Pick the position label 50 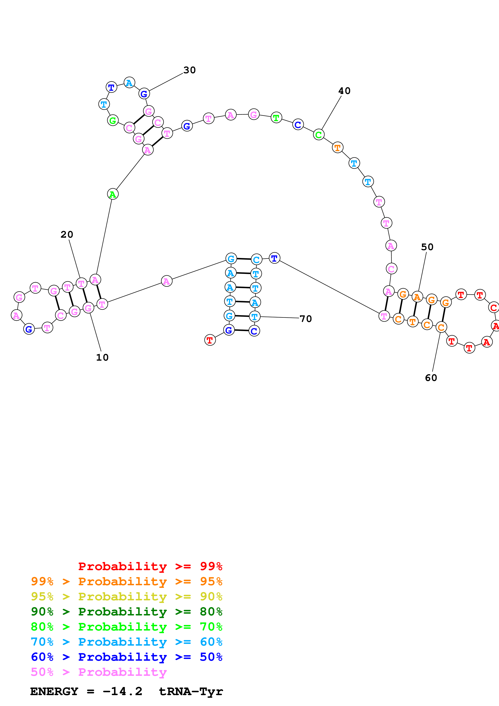tap(427, 247)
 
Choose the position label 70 tap(306, 319)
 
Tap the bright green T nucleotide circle tap(276, 118)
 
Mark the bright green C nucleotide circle tap(319, 134)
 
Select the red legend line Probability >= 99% tap(150, 566)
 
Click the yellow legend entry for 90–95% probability tap(126, 596)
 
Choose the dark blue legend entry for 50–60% tap(126, 657)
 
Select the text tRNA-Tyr tap(191, 691)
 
